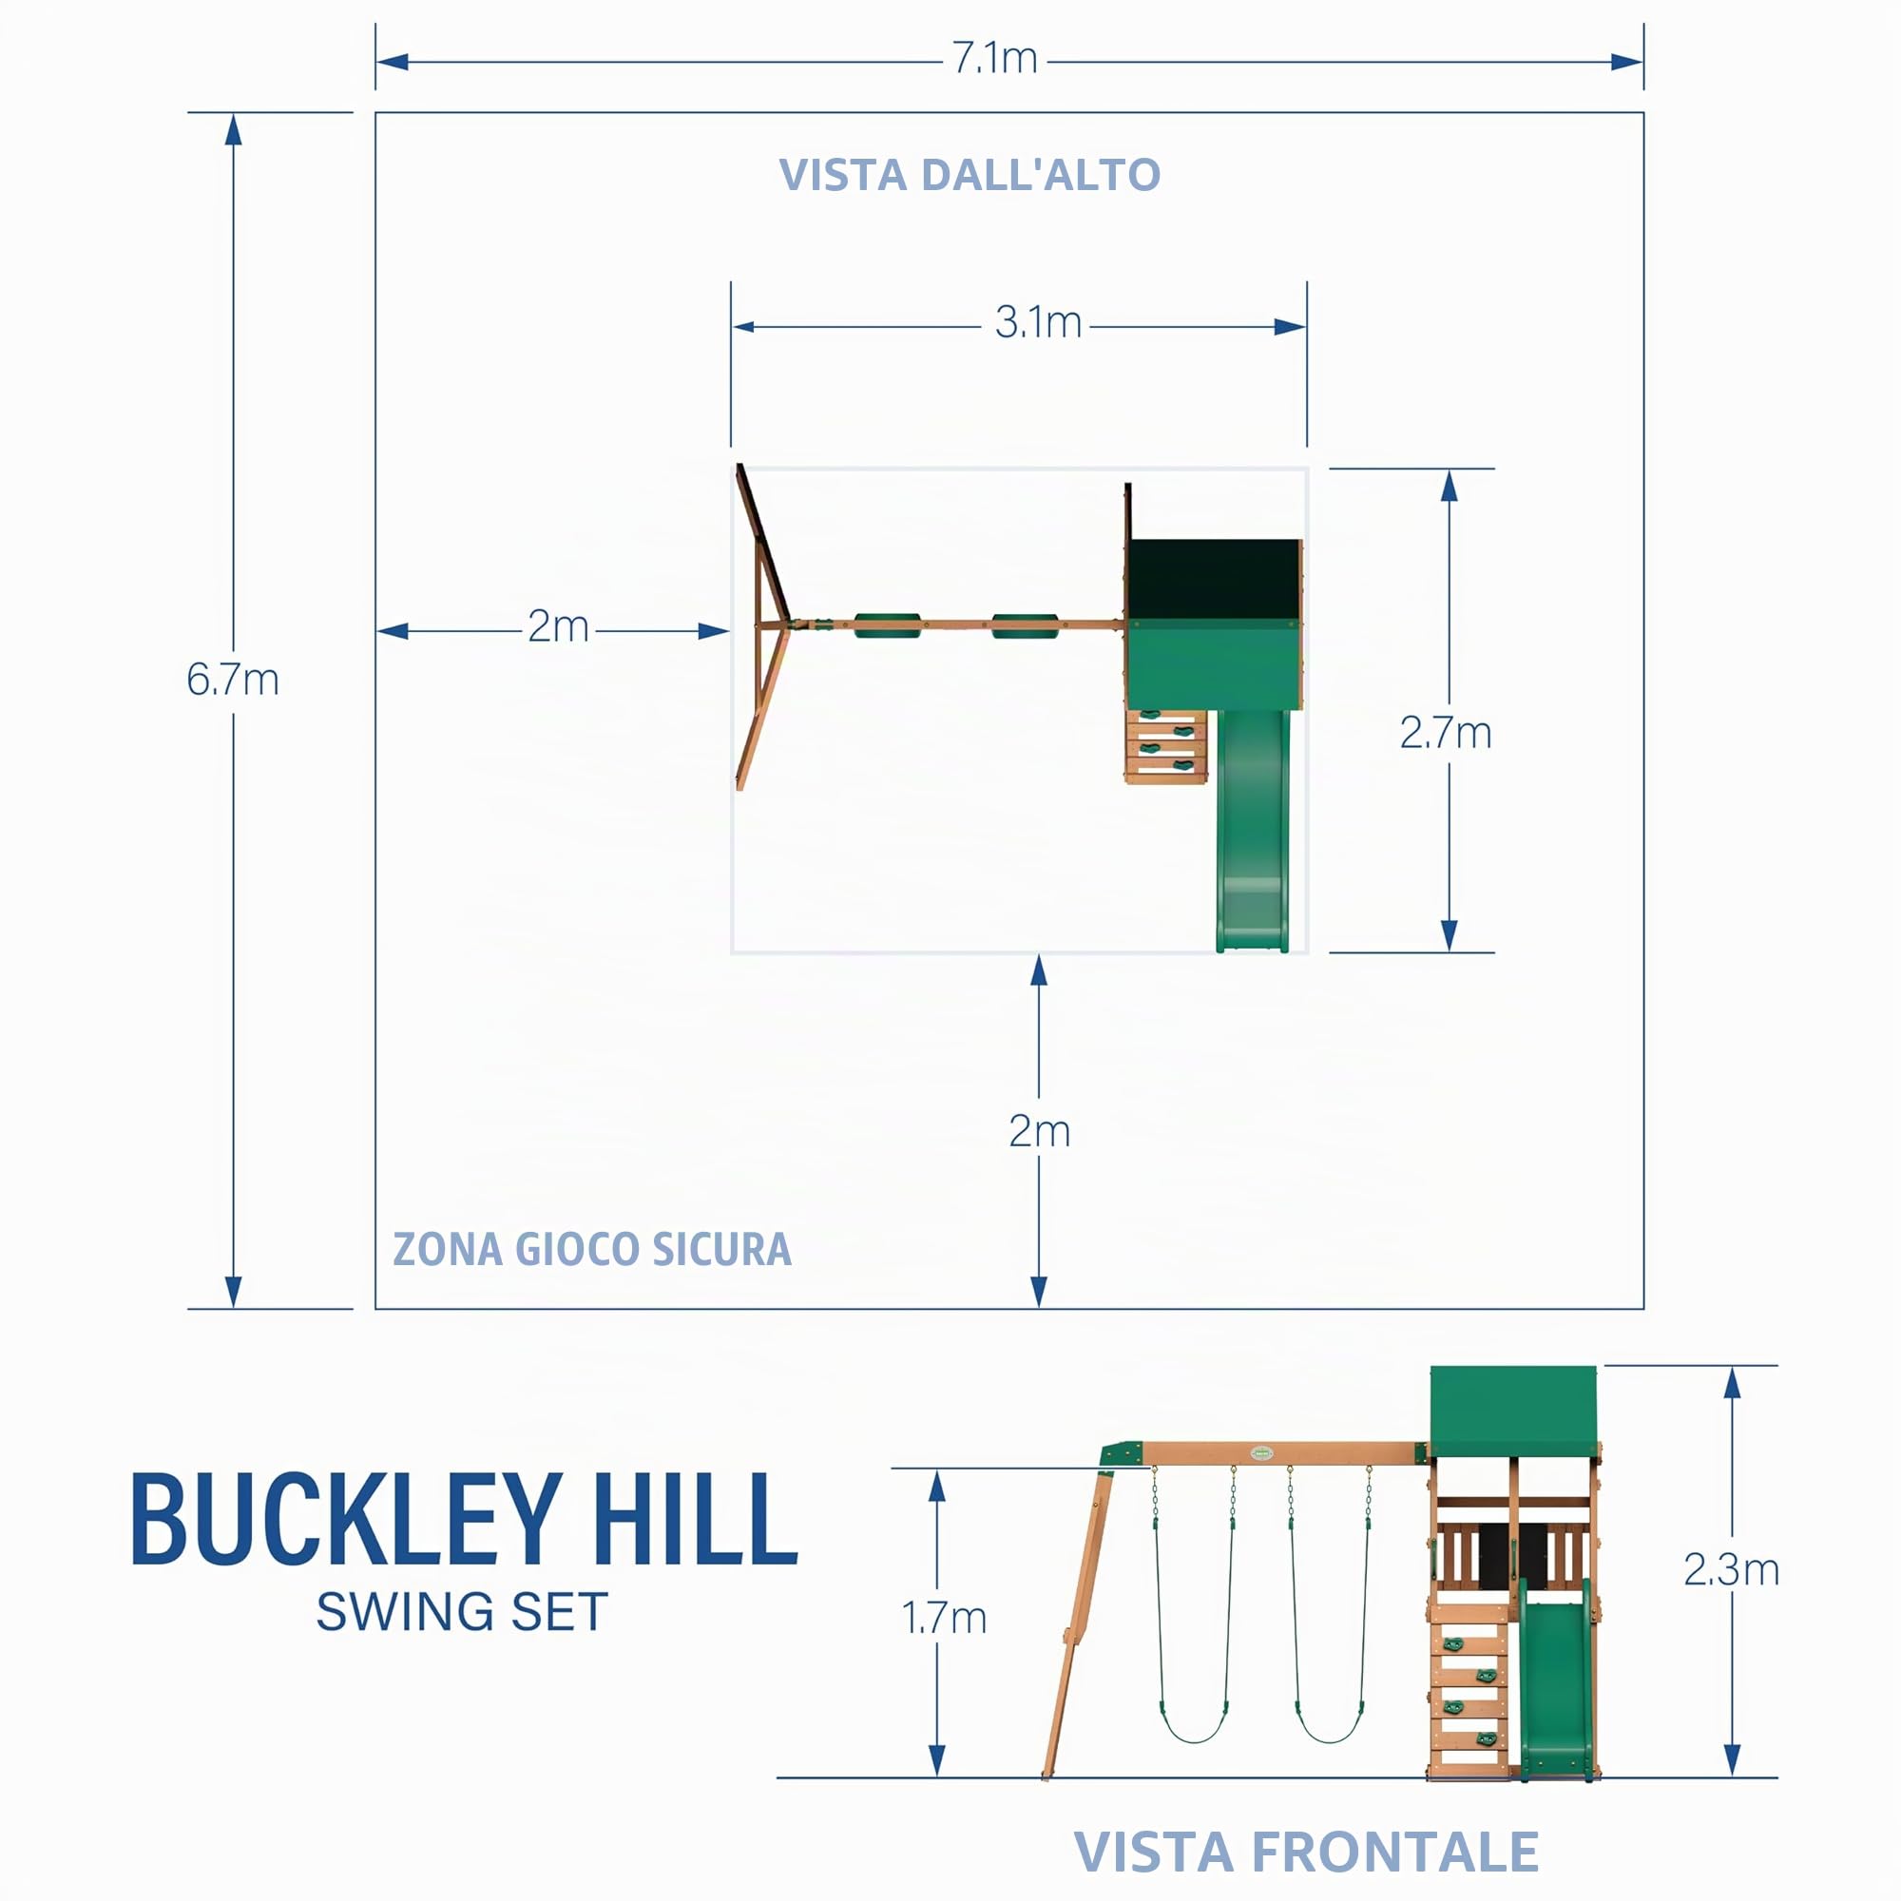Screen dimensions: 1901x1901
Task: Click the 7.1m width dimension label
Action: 994,59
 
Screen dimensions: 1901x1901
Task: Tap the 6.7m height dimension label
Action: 233,680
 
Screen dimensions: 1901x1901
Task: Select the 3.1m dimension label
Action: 1037,323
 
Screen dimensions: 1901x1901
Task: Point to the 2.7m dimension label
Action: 1446,733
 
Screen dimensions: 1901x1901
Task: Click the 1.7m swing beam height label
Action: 944,1619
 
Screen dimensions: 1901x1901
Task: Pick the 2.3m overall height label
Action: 1731,1569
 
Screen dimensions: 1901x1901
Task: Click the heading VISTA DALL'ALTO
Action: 970,175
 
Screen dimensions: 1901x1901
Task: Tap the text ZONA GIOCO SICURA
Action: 591,1250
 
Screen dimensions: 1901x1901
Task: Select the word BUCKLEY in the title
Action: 346,1520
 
